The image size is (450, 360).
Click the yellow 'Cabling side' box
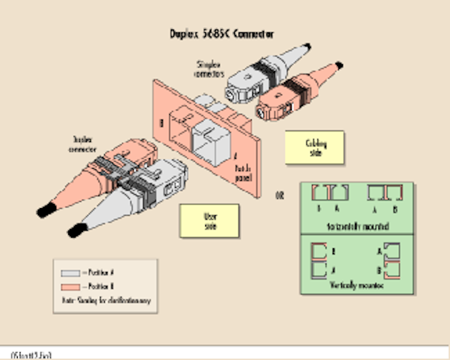(314, 147)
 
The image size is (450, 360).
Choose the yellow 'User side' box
(209, 219)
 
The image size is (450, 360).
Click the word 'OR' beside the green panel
(280, 193)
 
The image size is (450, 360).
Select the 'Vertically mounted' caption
(356, 285)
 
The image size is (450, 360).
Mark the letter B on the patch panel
(164, 120)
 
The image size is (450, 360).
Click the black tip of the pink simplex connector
(340, 65)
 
